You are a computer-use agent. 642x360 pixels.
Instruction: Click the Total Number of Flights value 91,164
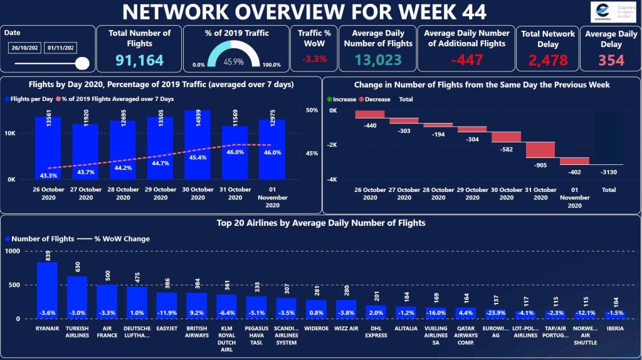click(x=139, y=60)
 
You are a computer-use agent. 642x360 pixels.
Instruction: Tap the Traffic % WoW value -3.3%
click(x=315, y=59)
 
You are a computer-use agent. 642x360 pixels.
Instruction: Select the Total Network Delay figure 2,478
click(x=547, y=60)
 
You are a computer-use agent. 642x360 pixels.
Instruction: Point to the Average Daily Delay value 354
click(x=611, y=60)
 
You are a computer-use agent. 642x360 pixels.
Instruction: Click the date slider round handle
click(x=82, y=63)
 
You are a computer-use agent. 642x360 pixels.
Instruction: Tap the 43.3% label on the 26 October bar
click(x=48, y=175)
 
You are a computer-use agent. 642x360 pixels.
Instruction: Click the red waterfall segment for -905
click(x=540, y=149)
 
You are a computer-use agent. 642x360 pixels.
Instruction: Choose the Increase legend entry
click(x=341, y=99)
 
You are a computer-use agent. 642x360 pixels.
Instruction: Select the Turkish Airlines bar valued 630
click(x=77, y=297)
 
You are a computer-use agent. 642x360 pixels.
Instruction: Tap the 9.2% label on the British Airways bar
click(x=196, y=312)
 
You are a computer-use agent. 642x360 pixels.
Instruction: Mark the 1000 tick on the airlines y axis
click(x=13, y=251)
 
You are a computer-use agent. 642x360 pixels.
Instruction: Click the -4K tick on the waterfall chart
click(x=332, y=179)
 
